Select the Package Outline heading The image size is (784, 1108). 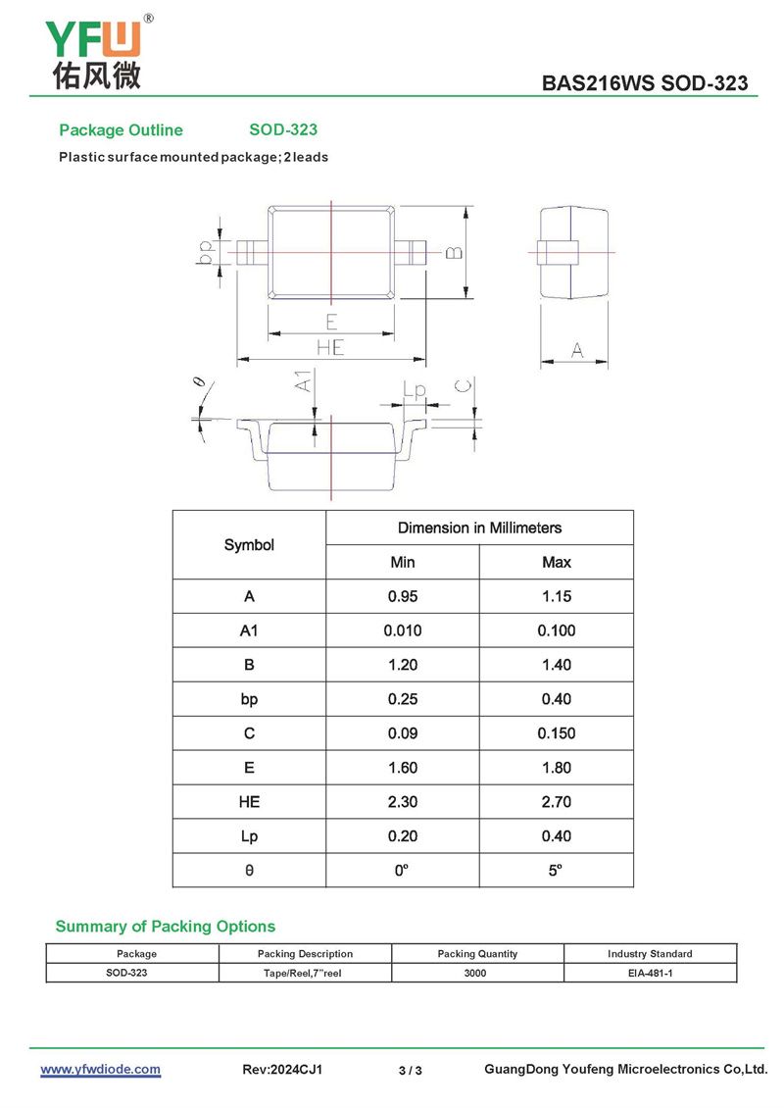pos(121,130)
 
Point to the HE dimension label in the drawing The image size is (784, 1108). pos(330,347)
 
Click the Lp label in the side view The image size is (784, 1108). pos(416,391)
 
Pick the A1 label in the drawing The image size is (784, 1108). pos(305,380)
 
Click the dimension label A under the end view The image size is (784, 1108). pos(576,350)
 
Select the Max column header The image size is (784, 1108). pos(556,562)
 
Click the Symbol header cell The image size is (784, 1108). pos(249,545)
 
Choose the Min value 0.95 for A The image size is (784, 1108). pos(402,596)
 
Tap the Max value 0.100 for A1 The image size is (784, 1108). pos(556,630)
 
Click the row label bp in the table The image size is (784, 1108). pos(249,699)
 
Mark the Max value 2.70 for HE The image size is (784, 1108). pos(556,802)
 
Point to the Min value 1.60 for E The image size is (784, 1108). pos(402,768)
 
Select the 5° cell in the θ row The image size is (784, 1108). pos(556,871)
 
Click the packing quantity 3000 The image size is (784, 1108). pos(477,973)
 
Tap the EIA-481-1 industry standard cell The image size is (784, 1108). pos(650,973)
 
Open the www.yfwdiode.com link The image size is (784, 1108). pos(100,1070)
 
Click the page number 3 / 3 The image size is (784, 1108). pos(411,1071)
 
